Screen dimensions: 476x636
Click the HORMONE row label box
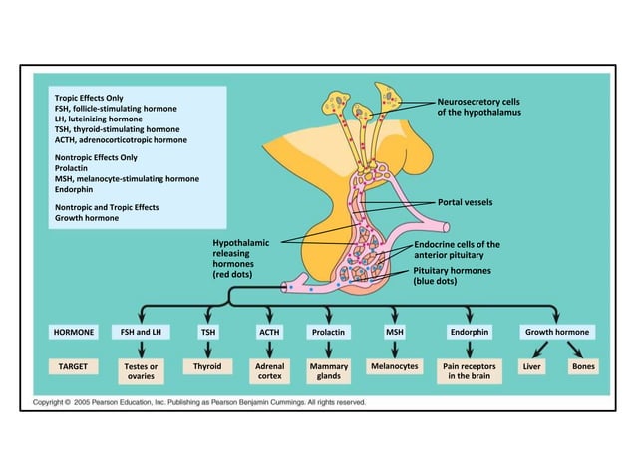[75, 331]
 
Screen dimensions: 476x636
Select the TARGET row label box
[75, 367]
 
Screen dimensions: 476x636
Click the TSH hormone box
[208, 331]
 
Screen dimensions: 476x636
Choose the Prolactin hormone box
[329, 331]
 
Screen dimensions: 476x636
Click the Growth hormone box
[557, 331]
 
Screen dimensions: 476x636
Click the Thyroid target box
[208, 367]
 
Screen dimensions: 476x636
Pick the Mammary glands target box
[329, 372]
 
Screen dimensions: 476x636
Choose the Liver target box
[531, 367]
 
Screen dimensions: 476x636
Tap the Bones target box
[583, 367]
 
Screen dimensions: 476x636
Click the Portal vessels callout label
[467, 202]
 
